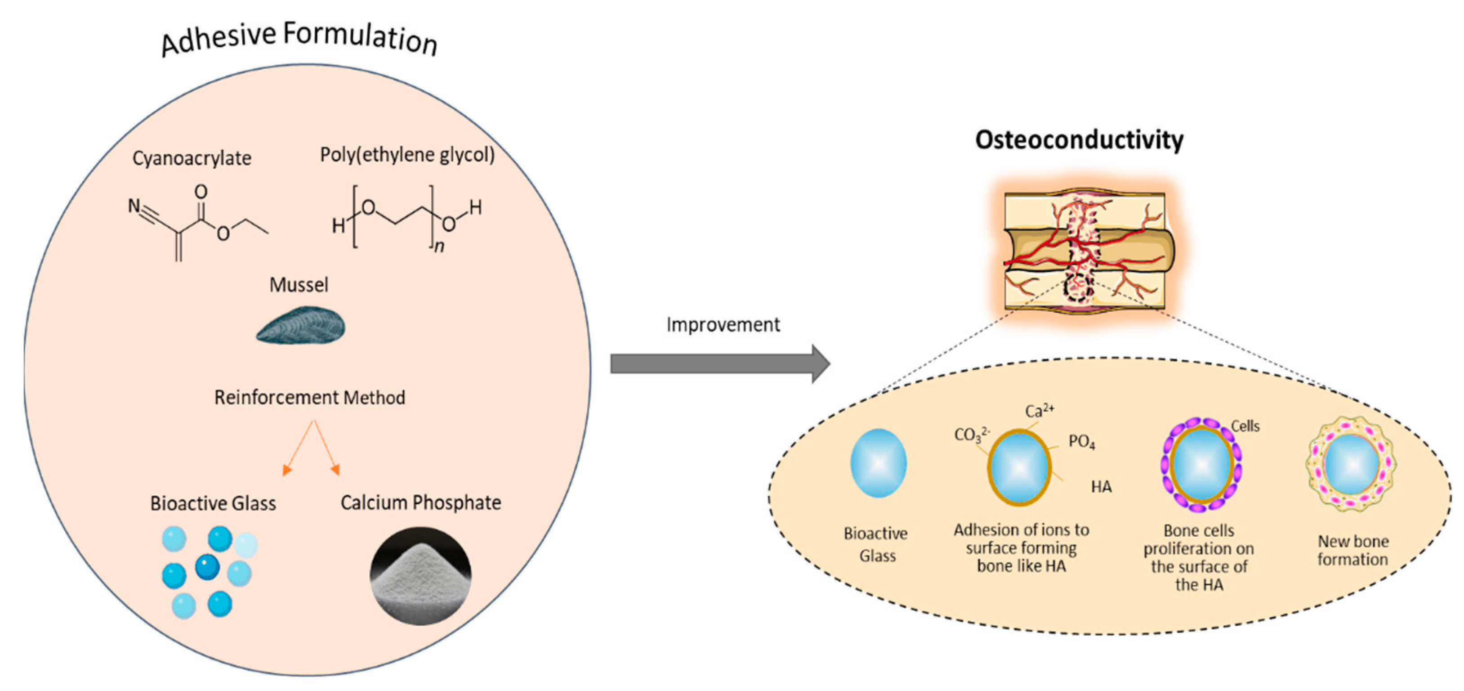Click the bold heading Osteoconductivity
coord(1079,140)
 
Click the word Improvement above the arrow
coord(723,325)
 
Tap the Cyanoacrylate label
coord(192,158)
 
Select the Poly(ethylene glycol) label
coord(407,155)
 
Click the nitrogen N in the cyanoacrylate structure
coord(134,205)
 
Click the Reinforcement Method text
coord(309,397)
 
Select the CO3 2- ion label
coord(971,435)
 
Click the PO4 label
coord(1081,441)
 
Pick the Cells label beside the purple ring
coord(1245,426)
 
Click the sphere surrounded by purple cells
coord(1201,465)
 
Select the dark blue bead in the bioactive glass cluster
coord(207,567)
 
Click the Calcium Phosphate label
coord(420,503)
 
